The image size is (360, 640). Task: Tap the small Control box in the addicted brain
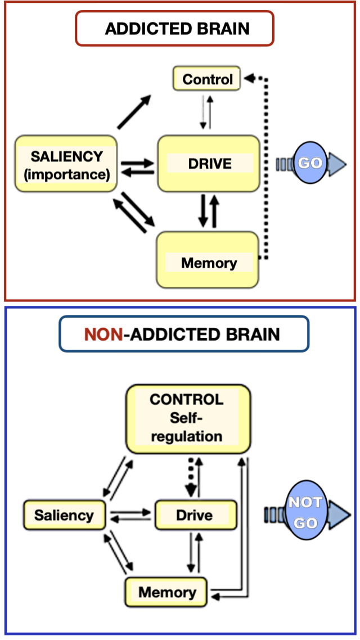206,79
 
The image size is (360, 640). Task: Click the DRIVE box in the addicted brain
209,164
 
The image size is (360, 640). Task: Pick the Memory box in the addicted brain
208,261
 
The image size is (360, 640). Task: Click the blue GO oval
310,163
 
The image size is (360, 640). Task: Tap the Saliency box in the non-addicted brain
64,515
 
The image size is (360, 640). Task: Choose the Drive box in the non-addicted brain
194,515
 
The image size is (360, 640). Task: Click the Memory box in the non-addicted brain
167,592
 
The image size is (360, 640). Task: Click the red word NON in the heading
103,335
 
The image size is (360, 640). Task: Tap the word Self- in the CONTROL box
187,418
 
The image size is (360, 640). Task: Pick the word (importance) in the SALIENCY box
66,174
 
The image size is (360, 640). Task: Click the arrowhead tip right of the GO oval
345,163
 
